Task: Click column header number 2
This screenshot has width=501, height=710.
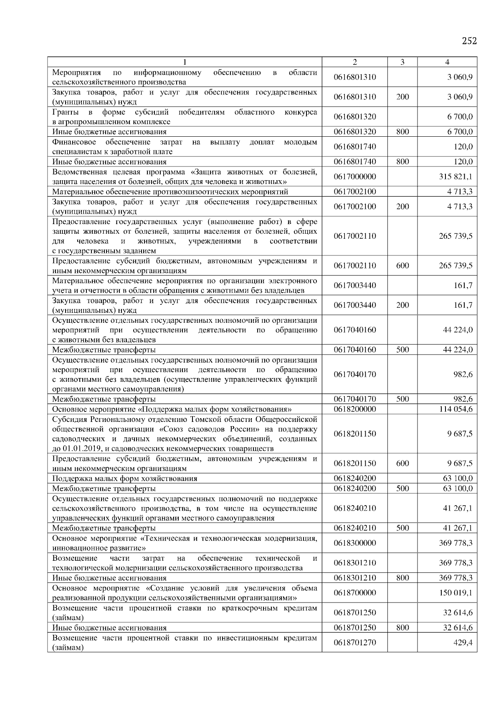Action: (354, 62)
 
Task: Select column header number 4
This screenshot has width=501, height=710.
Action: (447, 62)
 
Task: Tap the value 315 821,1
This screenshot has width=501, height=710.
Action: (455, 177)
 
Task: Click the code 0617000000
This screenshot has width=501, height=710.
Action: (354, 177)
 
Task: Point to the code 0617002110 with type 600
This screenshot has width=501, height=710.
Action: (354, 266)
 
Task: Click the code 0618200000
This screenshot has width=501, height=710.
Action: (354, 409)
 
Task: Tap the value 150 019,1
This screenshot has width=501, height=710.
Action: (455, 593)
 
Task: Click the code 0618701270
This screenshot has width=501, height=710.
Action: (354, 643)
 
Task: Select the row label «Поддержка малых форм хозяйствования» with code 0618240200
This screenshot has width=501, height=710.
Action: (124, 479)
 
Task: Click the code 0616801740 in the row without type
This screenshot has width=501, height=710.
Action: (354, 147)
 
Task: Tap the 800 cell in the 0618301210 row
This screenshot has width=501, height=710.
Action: (402, 578)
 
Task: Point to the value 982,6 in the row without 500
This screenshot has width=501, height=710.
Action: (463, 375)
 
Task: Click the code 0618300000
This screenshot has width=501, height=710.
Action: (354, 543)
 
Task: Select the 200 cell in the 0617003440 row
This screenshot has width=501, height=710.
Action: (402, 305)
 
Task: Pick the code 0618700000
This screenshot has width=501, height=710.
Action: (354, 593)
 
